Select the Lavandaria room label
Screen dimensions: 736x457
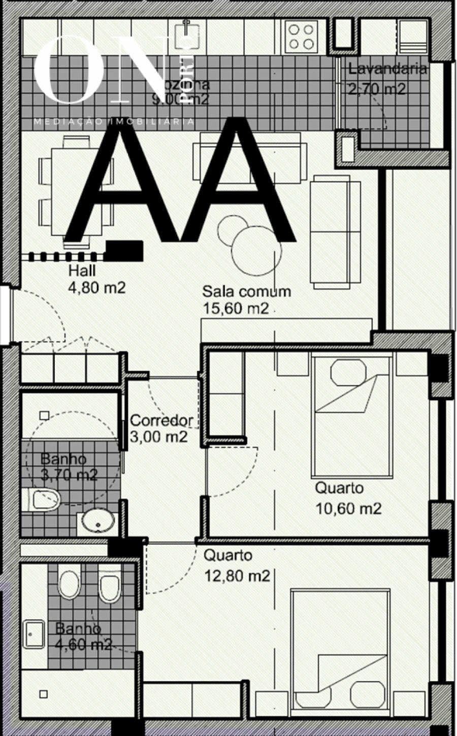pos(387,69)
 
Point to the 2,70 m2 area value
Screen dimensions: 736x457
pos(377,89)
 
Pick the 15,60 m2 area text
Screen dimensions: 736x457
pos(236,308)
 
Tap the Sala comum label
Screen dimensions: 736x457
pos(247,291)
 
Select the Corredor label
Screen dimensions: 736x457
pos(162,420)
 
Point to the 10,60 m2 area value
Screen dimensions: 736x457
pos(348,508)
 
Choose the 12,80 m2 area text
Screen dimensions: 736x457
pos(237,576)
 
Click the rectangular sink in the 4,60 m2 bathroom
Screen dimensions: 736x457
pos(34,634)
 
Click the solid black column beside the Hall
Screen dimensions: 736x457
pos(124,251)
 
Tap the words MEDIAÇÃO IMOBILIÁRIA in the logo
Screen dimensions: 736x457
pos(114,122)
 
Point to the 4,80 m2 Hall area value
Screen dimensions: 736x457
pos(96,288)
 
